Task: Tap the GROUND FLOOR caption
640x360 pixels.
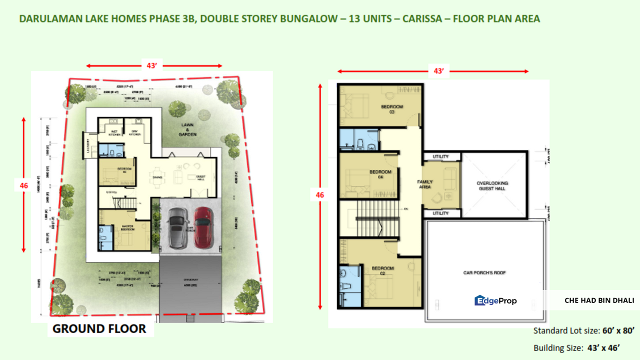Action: [x=99, y=328]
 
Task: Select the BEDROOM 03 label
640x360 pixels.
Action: [x=392, y=109]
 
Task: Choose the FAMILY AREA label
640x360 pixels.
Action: [x=424, y=184]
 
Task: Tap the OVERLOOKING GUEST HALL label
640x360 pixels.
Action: [x=493, y=186]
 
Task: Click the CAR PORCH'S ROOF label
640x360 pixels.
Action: [x=484, y=273]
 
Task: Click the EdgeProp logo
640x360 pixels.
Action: [x=495, y=300]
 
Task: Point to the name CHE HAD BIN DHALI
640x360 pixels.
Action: [x=599, y=300]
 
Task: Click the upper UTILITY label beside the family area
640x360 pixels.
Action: [x=440, y=156]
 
